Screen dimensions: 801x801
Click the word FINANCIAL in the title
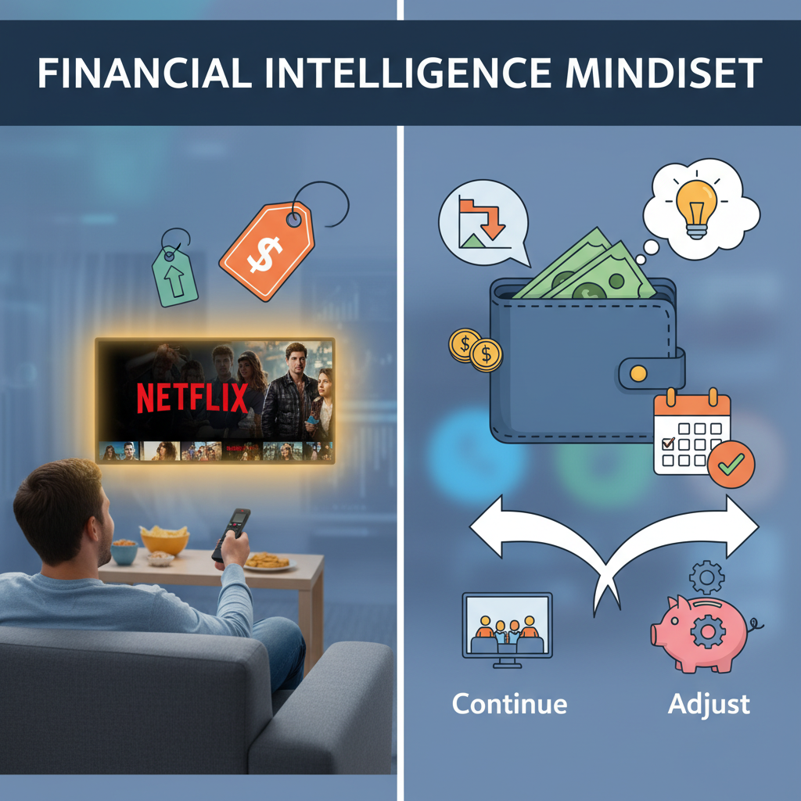pyautogui.click(x=145, y=73)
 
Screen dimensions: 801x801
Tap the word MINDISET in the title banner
pyautogui.click(x=663, y=73)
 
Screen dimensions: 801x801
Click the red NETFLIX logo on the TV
pyautogui.click(x=192, y=398)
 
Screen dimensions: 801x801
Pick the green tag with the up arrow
pyautogui.click(x=174, y=276)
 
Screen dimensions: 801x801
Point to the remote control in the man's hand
pyautogui.click(x=232, y=534)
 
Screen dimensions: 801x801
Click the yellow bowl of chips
pyautogui.click(x=164, y=541)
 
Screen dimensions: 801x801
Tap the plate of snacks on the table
pyautogui.click(x=269, y=562)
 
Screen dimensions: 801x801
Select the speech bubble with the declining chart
pyautogui.click(x=482, y=223)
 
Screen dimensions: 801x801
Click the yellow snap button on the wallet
pyautogui.click(x=638, y=373)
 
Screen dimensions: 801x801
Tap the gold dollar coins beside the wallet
pyautogui.click(x=475, y=350)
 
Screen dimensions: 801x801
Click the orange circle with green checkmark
pyautogui.click(x=731, y=465)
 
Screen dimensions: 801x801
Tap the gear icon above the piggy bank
pyautogui.click(x=706, y=578)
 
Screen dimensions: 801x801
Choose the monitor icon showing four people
pyautogui.click(x=507, y=630)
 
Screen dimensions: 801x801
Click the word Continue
pyautogui.click(x=509, y=703)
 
